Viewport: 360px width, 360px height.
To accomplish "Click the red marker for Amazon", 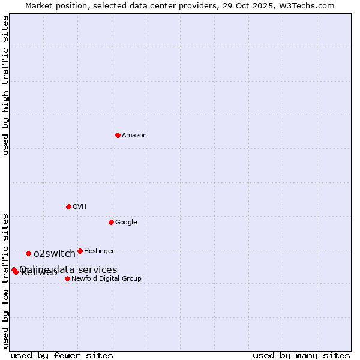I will tap(118, 135).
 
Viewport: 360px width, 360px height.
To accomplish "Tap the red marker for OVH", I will tap(68, 206).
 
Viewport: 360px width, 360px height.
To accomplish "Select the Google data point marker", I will tap(111, 222).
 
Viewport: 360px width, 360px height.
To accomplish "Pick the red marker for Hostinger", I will tap(80, 251).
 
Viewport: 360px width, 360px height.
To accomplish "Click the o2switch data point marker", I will tap(28, 253).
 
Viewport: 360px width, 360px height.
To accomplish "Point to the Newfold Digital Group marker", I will tap(67, 278).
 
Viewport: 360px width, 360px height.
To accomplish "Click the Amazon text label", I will tap(134, 136).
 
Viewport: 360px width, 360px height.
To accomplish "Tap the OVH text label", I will tap(80, 207).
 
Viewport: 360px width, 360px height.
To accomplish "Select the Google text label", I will tap(126, 223).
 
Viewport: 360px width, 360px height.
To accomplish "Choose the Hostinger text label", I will tap(99, 251).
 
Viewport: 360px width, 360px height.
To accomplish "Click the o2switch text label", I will tap(55, 254).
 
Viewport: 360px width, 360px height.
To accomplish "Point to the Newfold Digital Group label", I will tap(106, 279).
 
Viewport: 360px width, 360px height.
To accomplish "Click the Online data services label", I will tap(68, 269).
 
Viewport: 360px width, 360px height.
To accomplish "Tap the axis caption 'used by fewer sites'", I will tap(62, 355).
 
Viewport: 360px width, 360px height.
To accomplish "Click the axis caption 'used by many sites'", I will tap(301, 355).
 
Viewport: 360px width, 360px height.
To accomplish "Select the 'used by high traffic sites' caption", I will tap(6, 85).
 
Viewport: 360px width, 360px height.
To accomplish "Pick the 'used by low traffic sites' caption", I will tap(6, 280).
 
